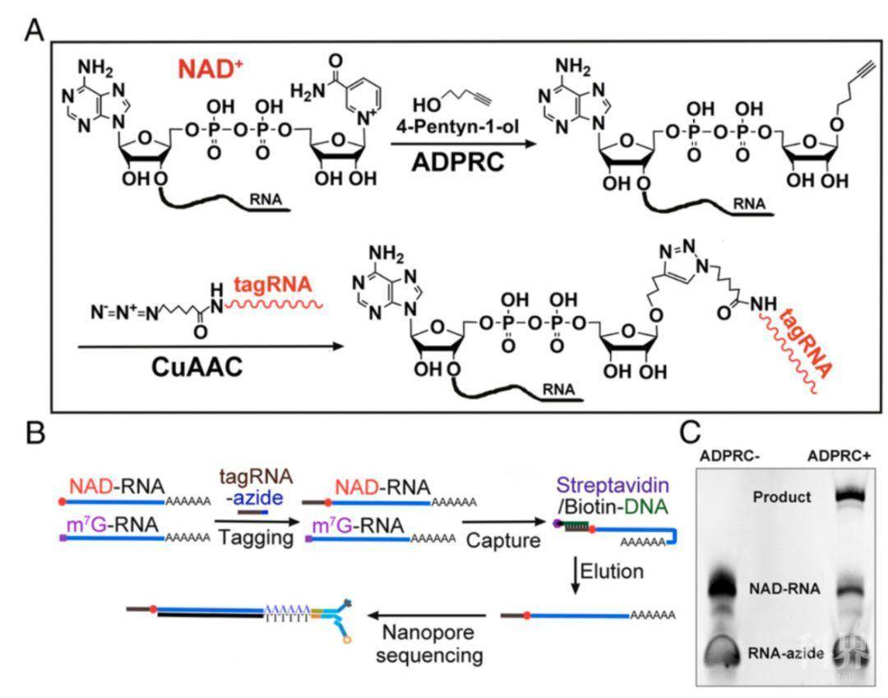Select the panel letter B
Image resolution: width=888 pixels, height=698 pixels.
(35, 431)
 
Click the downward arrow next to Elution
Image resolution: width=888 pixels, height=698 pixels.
(575, 572)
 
